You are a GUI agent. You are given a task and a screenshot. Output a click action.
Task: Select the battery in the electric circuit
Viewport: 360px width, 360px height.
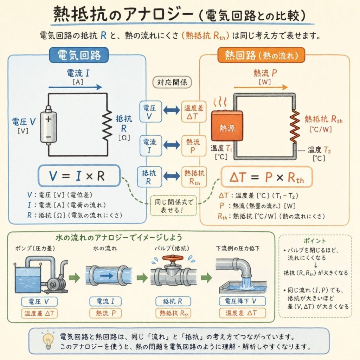tap(48, 127)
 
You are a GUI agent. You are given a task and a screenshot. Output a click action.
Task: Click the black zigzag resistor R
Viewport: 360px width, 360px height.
tap(107, 125)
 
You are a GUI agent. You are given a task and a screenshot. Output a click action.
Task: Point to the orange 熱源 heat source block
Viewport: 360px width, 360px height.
tap(227, 126)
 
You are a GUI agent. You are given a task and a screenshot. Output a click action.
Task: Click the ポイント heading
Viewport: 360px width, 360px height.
tap(314, 241)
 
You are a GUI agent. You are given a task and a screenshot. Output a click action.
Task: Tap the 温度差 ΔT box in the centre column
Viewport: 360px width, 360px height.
tap(194, 111)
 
